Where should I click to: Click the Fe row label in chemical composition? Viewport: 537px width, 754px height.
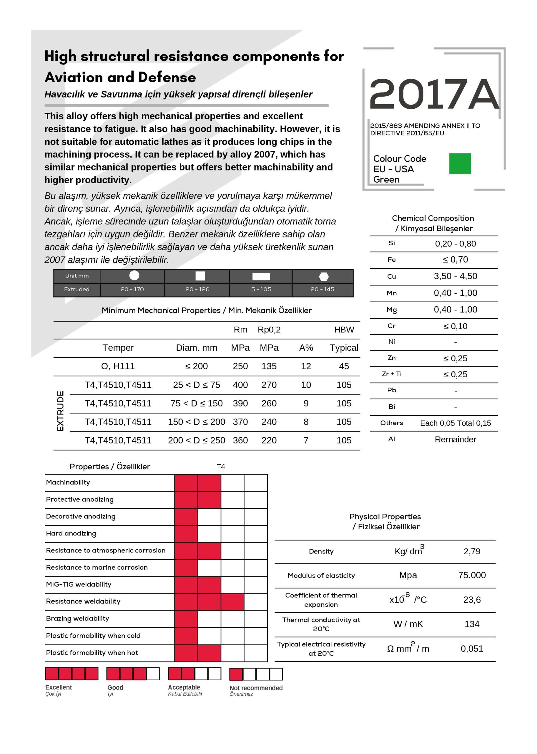pos(392,260)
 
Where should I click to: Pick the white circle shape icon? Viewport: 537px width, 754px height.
pos(134,275)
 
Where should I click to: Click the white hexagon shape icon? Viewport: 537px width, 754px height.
pos(324,276)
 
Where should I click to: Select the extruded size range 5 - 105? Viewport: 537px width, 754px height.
pos(261,289)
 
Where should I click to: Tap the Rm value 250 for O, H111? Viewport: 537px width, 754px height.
pos(240,366)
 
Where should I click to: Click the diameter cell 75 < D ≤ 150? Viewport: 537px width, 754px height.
pos(197,403)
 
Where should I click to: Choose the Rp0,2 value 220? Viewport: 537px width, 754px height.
pos(269,440)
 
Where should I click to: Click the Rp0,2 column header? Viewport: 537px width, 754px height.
pos(269,330)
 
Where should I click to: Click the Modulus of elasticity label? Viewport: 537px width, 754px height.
pos(321,575)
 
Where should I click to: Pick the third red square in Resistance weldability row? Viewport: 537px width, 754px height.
pos(232,602)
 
